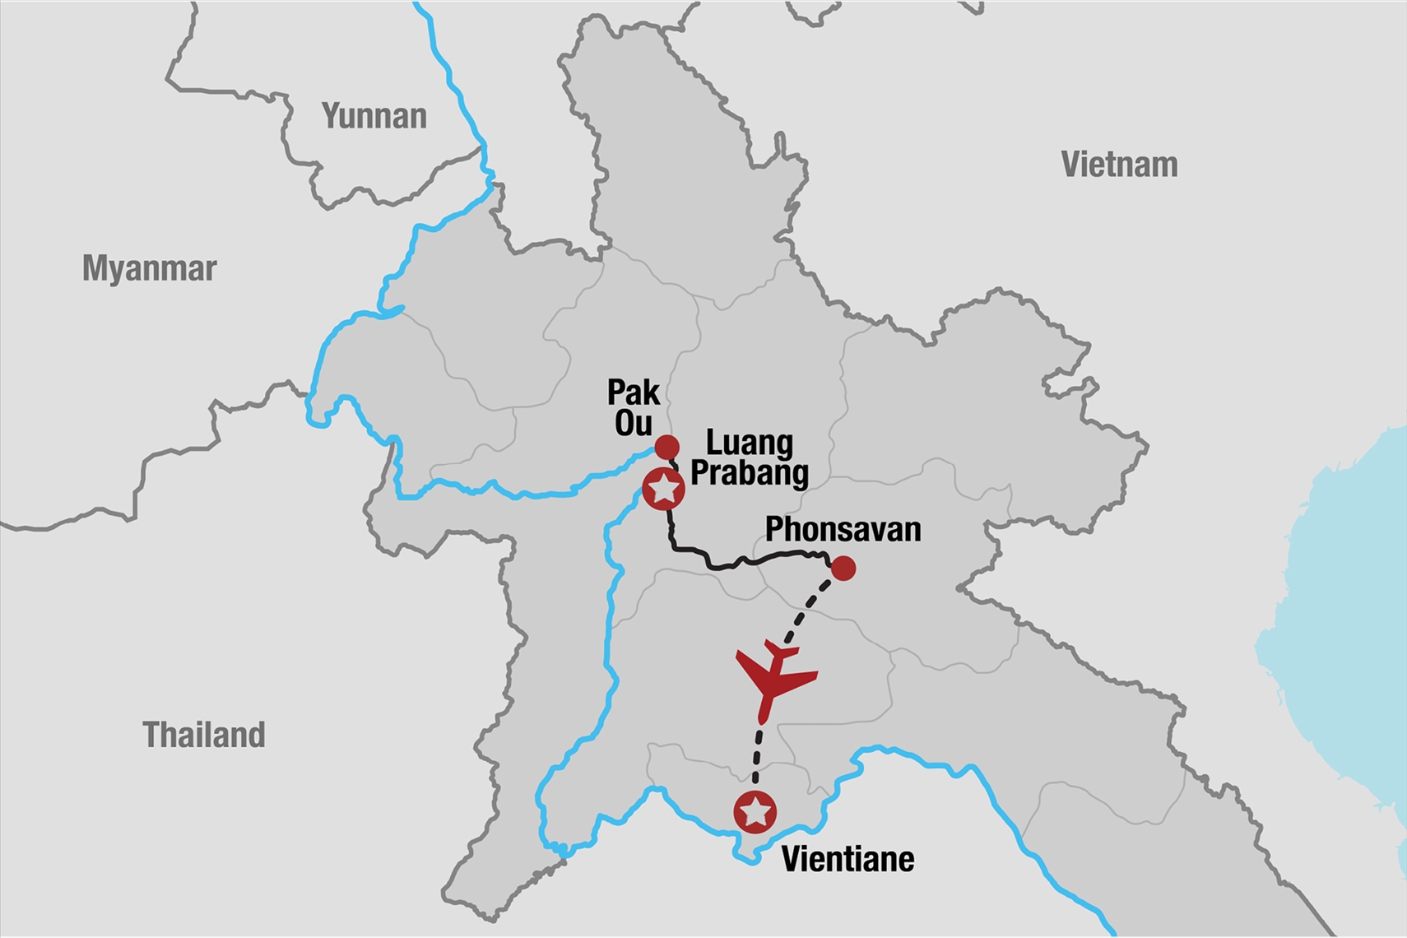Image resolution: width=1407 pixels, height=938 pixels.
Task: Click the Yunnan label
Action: pyautogui.click(x=374, y=117)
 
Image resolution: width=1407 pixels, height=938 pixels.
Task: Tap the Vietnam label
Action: pyautogui.click(x=1119, y=165)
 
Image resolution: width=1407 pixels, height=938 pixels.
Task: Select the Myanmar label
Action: pyautogui.click(x=149, y=269)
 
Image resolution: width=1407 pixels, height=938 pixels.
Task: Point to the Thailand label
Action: pyautogui.click(x=204, y=735)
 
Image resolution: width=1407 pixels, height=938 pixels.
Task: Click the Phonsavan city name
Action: pyautogui.click(x=843, y=530)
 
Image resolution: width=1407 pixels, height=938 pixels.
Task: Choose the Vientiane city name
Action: pyautogui.click(x=847, y=860)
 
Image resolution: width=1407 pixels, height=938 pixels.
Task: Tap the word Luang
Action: pyautogui.click(x=750, y=443)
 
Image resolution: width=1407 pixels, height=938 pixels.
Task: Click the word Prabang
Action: pyautogui.click(x=750, y=473)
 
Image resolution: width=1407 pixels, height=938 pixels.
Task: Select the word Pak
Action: pyautogui.click(x=634, y=392)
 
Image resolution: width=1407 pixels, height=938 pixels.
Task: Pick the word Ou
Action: pyautogui.click(x=634, y=423)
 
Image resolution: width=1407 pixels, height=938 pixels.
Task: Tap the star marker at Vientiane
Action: pyautogui.click(x=755, y=812)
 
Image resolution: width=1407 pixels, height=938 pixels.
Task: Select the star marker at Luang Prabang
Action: pyautogui.click(x=663, y=490)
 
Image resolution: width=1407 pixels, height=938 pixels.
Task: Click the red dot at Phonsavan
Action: pyautogui.click(x=843, y=569)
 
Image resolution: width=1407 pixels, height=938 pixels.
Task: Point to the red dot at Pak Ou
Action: pyautogui.click(x=666, y=448)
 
